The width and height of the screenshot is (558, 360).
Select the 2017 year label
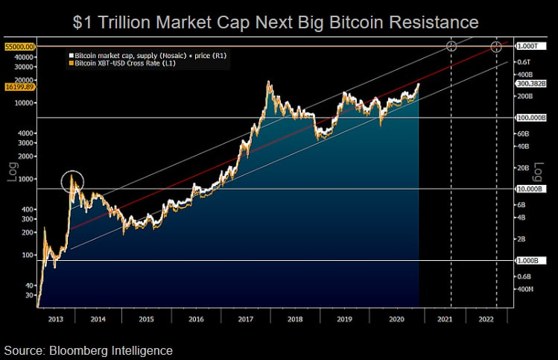point(246,317)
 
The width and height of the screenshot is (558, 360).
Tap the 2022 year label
point(486,317)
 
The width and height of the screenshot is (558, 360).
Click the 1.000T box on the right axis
point(528,46)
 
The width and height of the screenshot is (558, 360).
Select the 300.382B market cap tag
point(532,83)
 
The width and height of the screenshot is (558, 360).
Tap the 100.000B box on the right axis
point(531,118)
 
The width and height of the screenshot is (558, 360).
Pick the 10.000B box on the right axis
point(530,189)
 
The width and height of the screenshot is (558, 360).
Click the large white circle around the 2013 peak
point(73,182)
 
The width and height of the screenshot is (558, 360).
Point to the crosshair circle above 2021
point(451,46)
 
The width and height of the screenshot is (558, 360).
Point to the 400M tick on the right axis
point(525,289)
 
